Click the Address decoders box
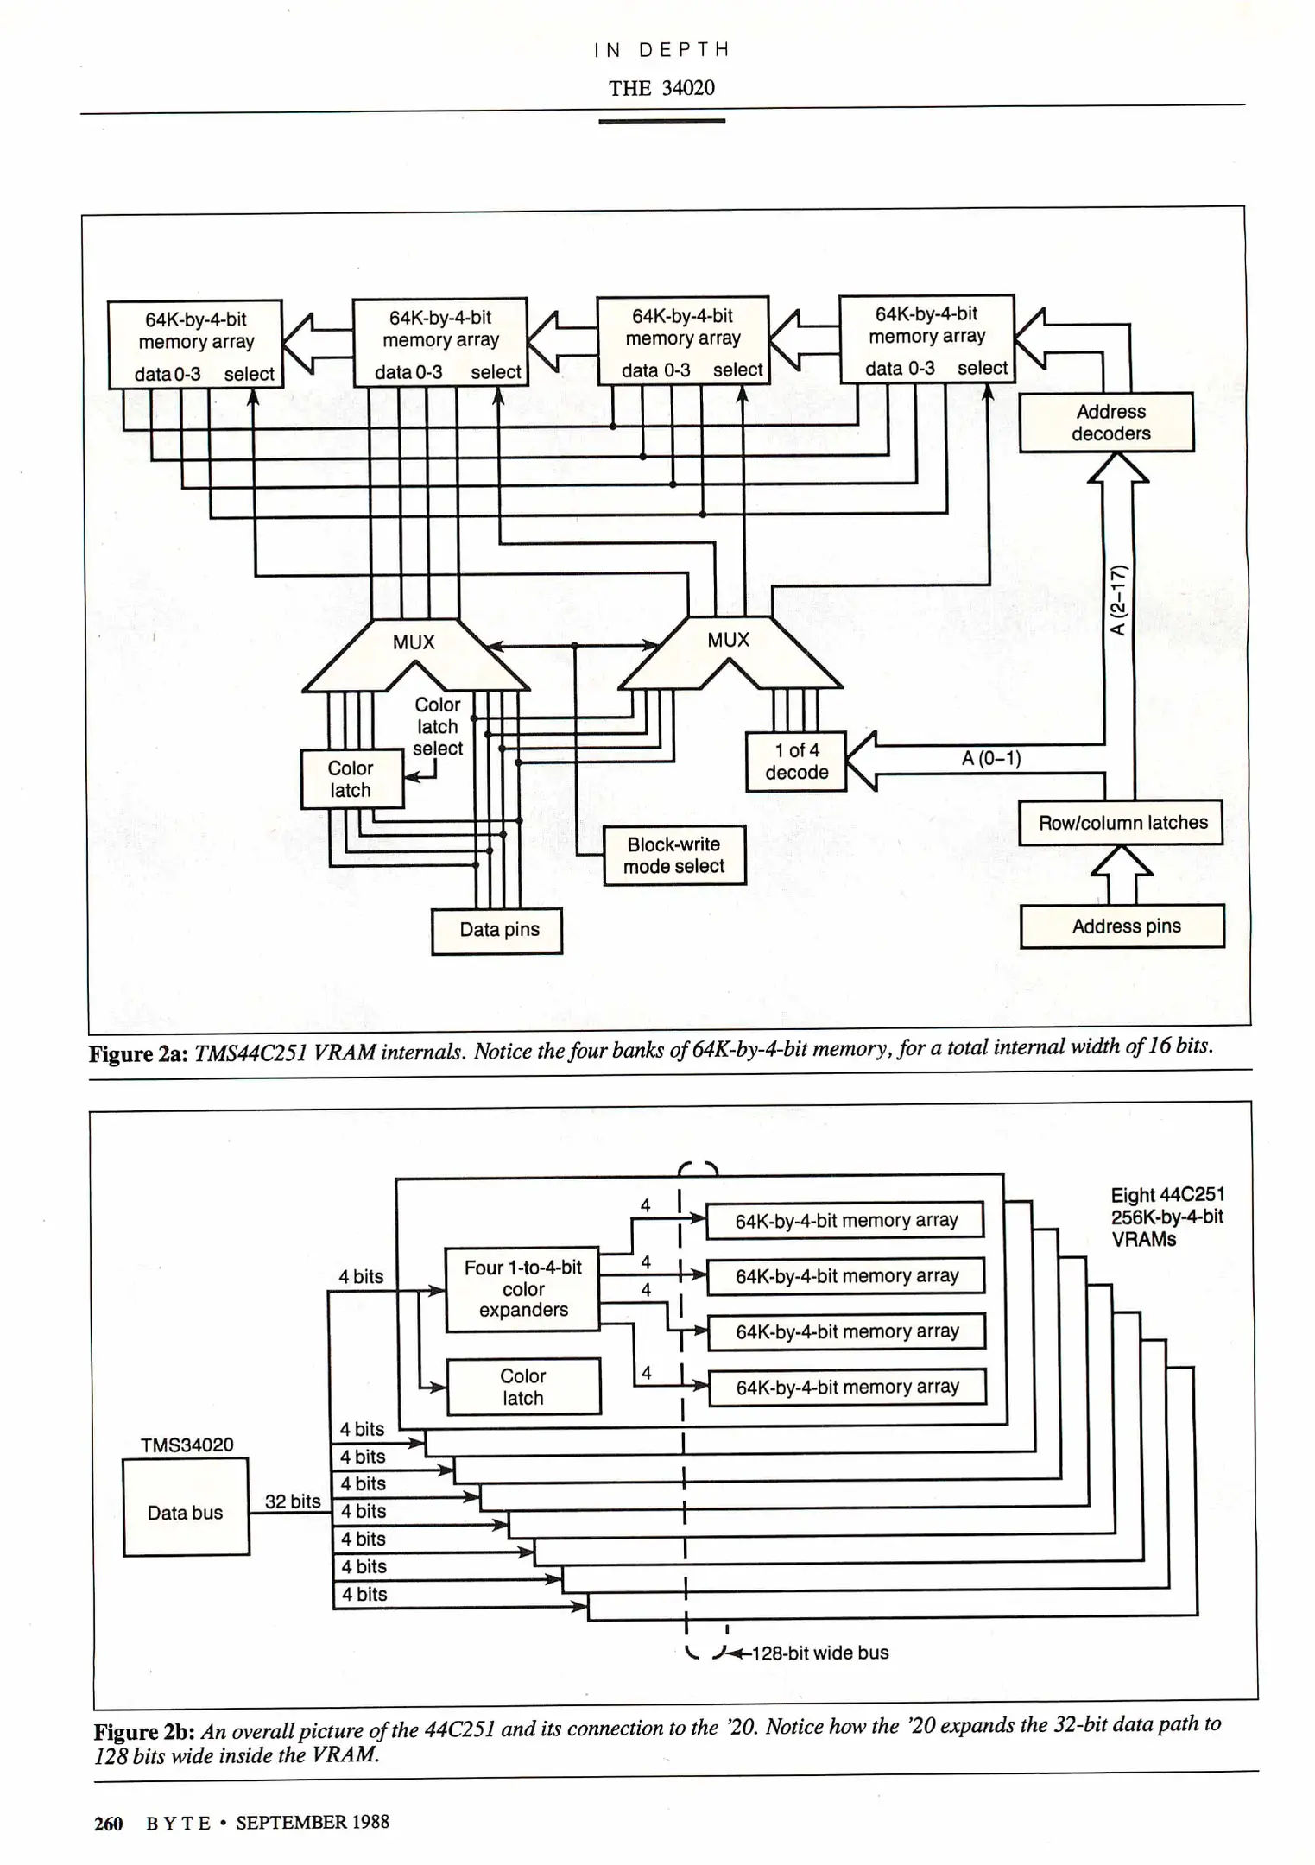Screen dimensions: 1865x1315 pyautogui.click(x=1106, y=422)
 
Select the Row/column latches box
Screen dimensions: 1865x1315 pyautogui.click(x=1120, y=823)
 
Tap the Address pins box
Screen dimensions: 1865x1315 pyautogui.click(x=1122, y=926)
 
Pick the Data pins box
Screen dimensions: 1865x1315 pyautogui.click(x=497, y=930)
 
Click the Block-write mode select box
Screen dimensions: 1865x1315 pyautogui.click(x=673, y=855)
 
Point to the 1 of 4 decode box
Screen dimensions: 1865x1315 pyautogui.click(x=795, y=762)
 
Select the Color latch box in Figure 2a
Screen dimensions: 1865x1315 pyautogui.click(x=351, y=779)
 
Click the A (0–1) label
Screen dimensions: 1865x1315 pyautogui.click(x=990, y=758)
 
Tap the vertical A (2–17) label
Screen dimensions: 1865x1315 pyautogui.click(x=1118, y=599)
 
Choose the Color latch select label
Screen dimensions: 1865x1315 pyautogui.click(x=438, y=726)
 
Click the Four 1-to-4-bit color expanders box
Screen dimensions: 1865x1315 pyautogui.click(x=522, y=1288)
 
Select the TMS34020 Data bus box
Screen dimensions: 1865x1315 pyautogui.click(x=186, y=1512)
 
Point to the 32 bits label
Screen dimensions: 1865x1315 pyautogui.click(x=292, y=1501)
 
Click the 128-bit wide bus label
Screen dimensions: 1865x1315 pyautogui.click(x=819, y=1653)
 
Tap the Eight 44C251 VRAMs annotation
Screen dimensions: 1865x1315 pyautogui.click(x=1166, y=1217)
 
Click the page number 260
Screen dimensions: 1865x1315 pyautogui.click(x=109, y=1824)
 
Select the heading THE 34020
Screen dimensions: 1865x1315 pyautogui.click(x=661, y=88)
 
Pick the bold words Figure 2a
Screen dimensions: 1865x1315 pyautogui.click(x=139, y=1054)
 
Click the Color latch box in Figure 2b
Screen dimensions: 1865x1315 pyautogui.click(x=523, y=1387)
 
